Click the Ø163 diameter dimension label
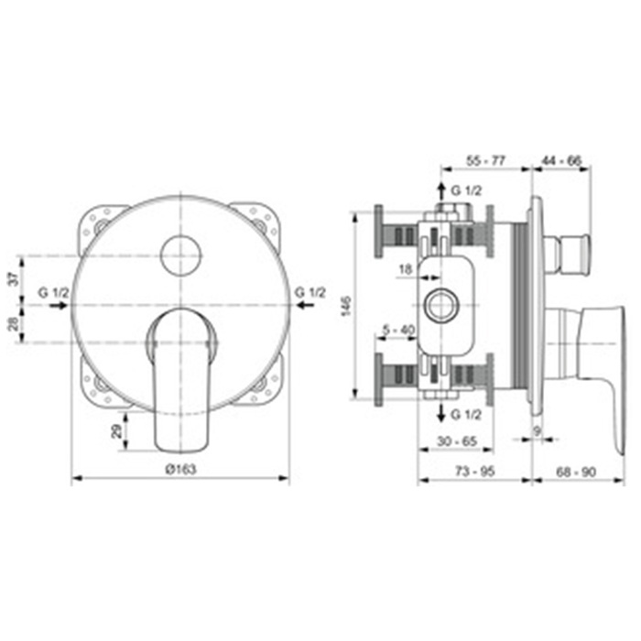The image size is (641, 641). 180,469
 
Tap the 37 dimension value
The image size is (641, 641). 15,279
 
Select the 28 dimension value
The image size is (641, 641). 15,324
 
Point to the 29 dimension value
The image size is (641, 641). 117,431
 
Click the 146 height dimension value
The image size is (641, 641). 346,306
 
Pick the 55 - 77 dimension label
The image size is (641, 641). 486,160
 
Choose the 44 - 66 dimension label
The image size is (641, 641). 561,160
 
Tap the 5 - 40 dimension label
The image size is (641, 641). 398,330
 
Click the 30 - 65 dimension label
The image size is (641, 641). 457,441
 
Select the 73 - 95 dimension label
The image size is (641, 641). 474,472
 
